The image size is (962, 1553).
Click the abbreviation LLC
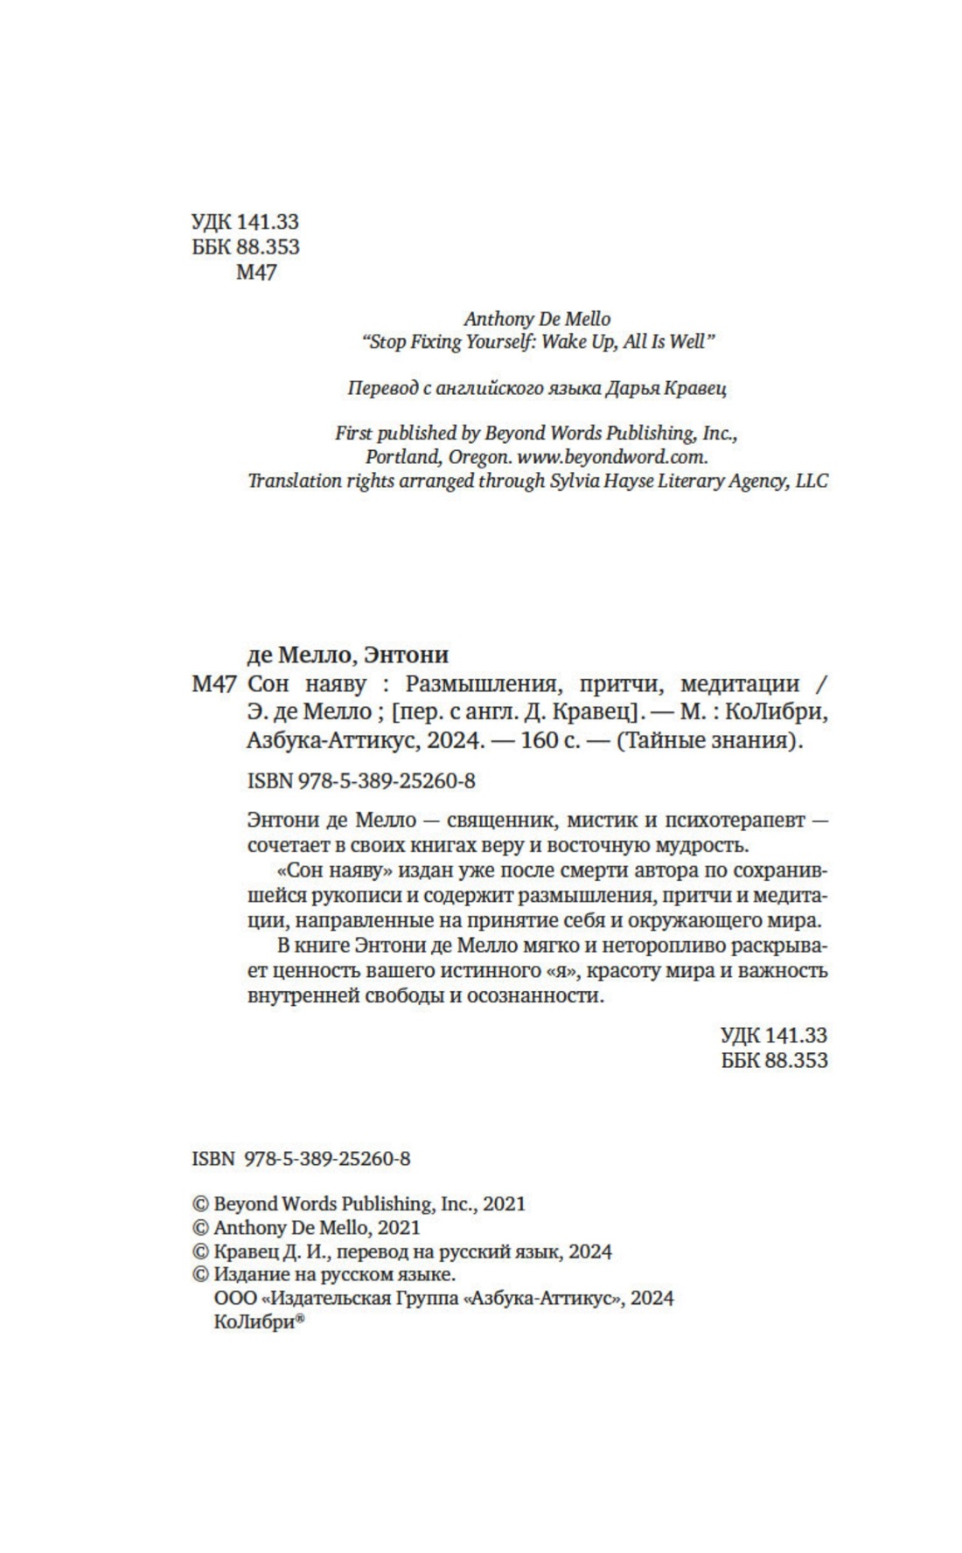812,481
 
